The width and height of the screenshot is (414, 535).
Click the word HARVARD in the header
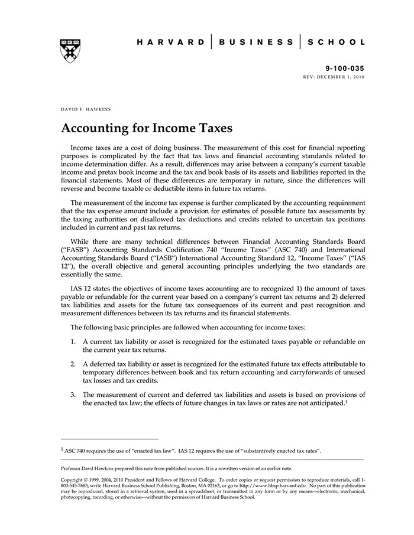pyautogui.click(x=170, y=43)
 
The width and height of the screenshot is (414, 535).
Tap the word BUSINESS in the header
pyautogui.click(x=255, y=43)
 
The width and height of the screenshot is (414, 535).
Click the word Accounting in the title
pyautogui.click(x=96, y=128)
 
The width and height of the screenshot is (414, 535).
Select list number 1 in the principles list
pyautogui.click(x=73, y=342)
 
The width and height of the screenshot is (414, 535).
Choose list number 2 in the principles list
pyautogui.click(x=73, y=364)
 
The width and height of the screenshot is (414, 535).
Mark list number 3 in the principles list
pyautogui.click(x=73, y=394)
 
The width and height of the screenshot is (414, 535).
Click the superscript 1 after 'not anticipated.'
pyautogui.click(x=346, y=401)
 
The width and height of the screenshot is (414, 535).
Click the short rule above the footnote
pyautogui.click(x=109, y=439)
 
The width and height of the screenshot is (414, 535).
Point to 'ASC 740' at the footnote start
pyautogui.click(x=75, y=451)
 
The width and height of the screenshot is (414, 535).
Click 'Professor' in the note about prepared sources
pyautogui.click(x=74, y=468)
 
